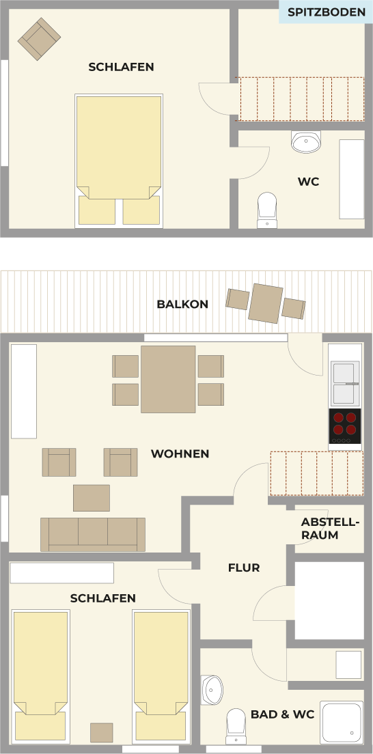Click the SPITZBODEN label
pos(327,12)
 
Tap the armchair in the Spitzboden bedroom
pos(39,39)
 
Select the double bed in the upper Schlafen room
pos(119,160)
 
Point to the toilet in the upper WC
pos(266,210)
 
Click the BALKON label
pos(182,305)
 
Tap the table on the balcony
pos(266,303)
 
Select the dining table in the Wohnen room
pos(168,379)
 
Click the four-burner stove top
pos(345,426)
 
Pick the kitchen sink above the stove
pos(345,383)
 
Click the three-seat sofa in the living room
pos(93,534)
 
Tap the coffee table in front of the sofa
pos(92,498)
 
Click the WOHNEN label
pos(180,454)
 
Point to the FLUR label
pos(243,568)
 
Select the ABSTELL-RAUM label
pos(330,529)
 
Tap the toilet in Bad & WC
pos(236,726)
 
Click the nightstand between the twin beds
pos(102,732)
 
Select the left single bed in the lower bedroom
pos(40,675)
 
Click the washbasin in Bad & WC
pos(212,690)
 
